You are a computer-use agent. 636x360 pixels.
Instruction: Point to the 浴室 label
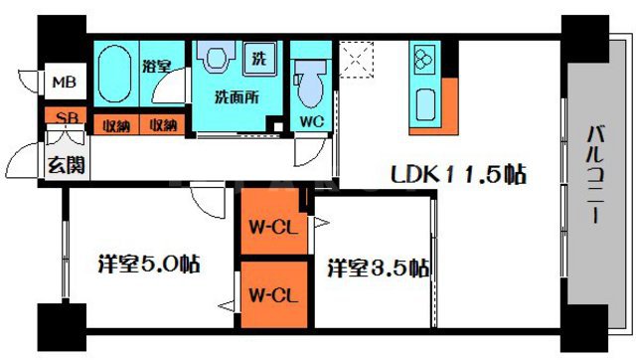158,68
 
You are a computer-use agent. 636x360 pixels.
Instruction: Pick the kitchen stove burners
424,60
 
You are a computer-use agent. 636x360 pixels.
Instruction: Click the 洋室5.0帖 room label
148,267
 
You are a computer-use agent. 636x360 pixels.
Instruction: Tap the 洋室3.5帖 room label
379,269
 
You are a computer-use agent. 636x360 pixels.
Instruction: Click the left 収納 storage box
116,125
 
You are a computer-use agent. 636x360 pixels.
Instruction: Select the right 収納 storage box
163,125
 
